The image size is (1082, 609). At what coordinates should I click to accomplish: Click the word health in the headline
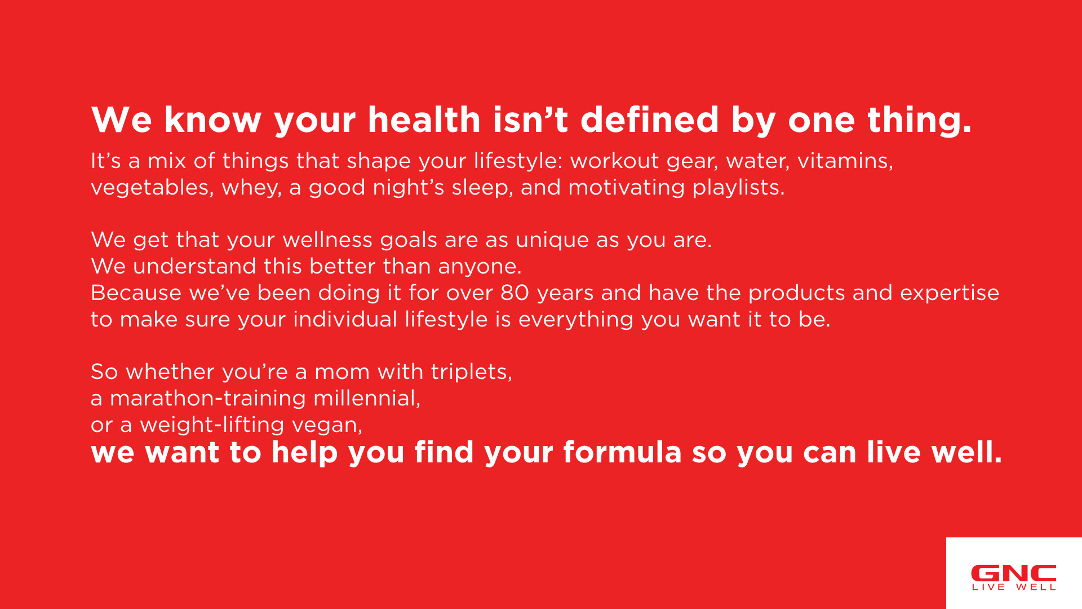424,120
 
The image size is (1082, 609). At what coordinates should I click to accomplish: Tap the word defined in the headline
650,120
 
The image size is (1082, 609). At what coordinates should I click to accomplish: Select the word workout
615,161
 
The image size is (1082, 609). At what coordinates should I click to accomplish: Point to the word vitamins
845,161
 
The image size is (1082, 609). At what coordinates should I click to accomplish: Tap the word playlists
738,188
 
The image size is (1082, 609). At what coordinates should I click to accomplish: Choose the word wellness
327,240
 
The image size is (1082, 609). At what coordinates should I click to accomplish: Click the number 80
515,293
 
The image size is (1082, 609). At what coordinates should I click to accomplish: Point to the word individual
345,319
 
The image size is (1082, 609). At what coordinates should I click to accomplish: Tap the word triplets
472,372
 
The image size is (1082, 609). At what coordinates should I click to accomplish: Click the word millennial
367,399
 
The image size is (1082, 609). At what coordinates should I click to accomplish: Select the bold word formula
623,452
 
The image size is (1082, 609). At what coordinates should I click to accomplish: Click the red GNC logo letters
1014,573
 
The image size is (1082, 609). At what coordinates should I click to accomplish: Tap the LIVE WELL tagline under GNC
1014,587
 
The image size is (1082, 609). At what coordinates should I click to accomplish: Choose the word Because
136,293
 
